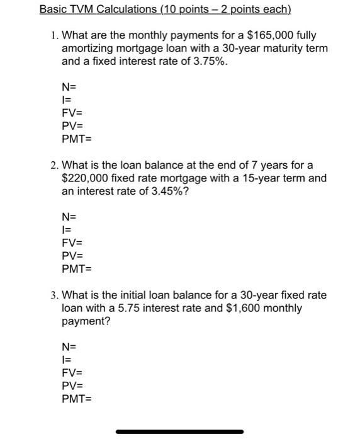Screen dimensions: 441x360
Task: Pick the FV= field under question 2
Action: [72, 243]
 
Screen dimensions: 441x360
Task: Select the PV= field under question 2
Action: [72, 256]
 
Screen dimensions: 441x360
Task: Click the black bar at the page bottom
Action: [180, 432]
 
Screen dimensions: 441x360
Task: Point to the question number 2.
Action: [55, 166]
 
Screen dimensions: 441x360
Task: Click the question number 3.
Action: [55, 295]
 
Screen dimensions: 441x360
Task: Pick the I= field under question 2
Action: [65, 230]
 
